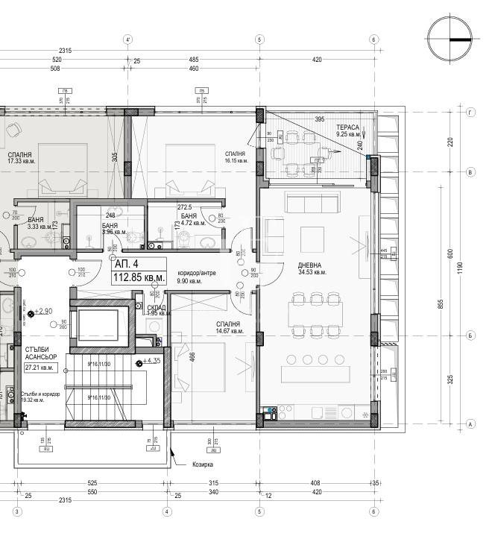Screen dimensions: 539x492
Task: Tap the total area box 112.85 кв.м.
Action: tap(139, 278)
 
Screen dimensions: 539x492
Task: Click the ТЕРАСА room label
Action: tap(347, 127)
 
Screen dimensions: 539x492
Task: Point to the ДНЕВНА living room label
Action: tap(310, 265)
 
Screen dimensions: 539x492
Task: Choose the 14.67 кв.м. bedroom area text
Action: tap(228, 332)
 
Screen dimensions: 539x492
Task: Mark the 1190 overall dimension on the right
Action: tap(460, 265)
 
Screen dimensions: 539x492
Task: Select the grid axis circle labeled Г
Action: tap(470, 113)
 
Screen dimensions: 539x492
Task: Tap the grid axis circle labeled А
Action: tap(470, 424)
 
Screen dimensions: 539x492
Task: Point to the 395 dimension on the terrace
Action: tap(319, 119)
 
